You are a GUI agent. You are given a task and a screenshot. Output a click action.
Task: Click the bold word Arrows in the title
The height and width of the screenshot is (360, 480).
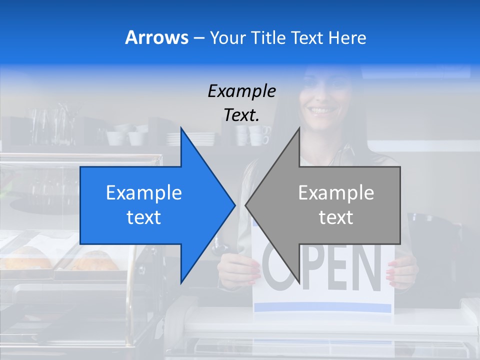[x=156, y=37]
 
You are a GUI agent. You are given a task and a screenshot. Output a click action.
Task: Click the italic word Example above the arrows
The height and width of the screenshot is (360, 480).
[x=241, y=91]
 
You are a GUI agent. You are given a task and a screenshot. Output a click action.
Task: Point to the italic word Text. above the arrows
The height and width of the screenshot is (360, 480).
[x=241, y=115]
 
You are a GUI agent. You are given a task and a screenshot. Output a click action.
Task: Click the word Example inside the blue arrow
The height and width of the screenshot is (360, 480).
[x=144, y=193]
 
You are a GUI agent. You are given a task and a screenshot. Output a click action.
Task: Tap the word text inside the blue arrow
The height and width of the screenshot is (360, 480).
[x=144, y=217]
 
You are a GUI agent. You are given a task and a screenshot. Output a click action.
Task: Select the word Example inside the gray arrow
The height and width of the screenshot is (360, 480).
[x=336, y=193]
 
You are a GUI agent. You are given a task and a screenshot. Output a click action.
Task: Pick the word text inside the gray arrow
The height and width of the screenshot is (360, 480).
[x=336, y=217]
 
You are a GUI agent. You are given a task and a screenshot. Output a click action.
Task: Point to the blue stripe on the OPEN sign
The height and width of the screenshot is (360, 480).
[x=322, y=306]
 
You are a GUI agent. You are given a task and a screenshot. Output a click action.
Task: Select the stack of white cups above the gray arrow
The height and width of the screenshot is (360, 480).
[x=255, y=135]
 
